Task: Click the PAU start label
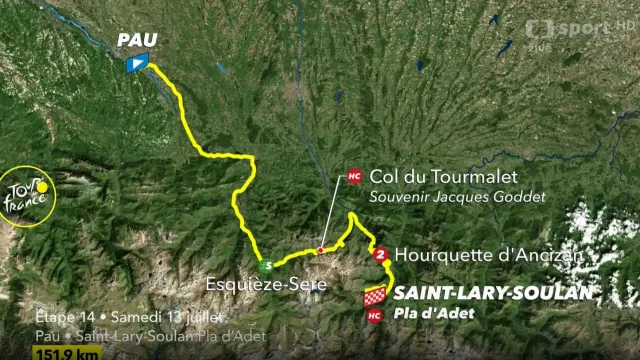138,41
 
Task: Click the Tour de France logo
26,196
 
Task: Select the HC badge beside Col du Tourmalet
353,176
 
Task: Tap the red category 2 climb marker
380,255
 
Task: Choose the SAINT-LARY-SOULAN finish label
491,294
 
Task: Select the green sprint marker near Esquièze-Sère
266,266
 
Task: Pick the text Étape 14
65,317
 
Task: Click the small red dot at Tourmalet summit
320,250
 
